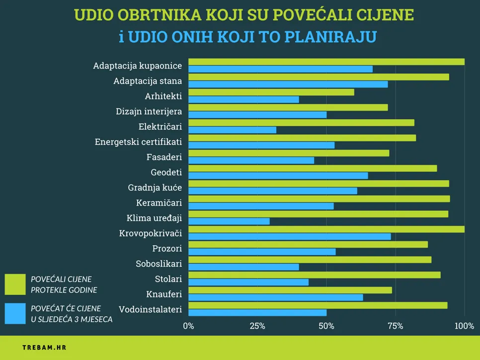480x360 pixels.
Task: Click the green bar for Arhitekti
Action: (x=271, y=92)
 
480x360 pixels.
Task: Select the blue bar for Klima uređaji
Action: (x=229, y=221)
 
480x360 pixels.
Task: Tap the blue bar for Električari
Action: (x=233, y=130)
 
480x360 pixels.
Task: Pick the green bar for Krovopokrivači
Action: (x=326, y=229)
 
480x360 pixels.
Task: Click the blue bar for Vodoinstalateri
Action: (x=257, y=312)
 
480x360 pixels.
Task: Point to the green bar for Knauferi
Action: (x=290, y=290)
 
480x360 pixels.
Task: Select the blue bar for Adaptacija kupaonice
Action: (x=280, y=69)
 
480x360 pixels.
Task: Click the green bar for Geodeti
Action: (x=313, y=168)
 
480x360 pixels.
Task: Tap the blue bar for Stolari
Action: (x=248, y=282)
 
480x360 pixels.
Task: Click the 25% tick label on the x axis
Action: (x=257, y=326)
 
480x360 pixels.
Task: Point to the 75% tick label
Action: (x=395, y=326)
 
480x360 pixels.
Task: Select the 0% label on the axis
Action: (x=189, y=326)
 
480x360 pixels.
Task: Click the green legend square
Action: (x=15, y=285)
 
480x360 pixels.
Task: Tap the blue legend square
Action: (x=15, y=314)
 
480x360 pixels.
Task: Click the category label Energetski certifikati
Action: (x=138, y=142)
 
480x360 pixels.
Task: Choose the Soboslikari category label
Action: (x=159, y=264)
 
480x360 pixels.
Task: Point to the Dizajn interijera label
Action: (x=149, y=112)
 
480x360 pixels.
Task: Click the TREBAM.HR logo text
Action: (x=44, y=348)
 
